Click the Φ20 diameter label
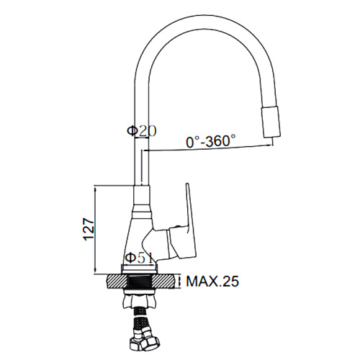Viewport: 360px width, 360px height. (142, 131)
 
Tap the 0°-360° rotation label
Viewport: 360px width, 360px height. (211, 140)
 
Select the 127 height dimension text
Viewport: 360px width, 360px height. (89, 229)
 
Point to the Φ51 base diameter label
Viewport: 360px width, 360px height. (139, 258)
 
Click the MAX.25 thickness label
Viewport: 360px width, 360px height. (212, 281)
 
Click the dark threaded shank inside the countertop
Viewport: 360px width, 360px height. (140, 282)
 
